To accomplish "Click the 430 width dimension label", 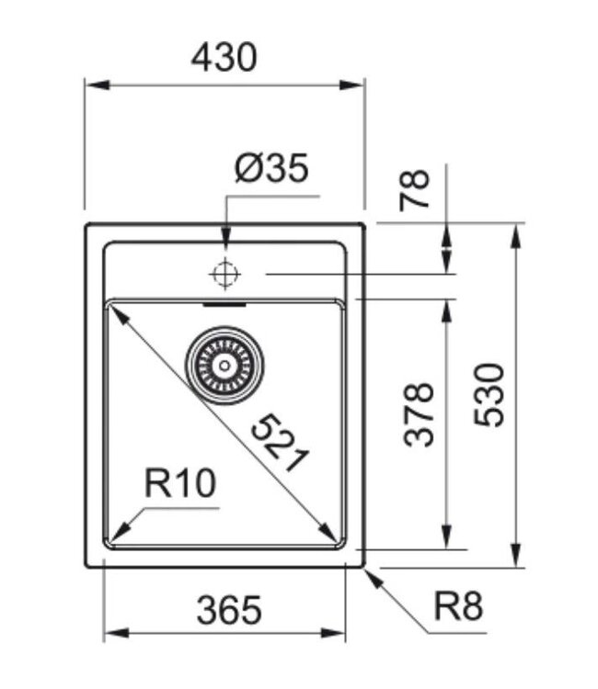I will [224, 58].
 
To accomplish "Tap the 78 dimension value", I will [416, 191].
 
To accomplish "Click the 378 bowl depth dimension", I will [420, 414].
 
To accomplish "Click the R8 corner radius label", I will [458, 607].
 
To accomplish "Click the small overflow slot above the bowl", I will [224, 300].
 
